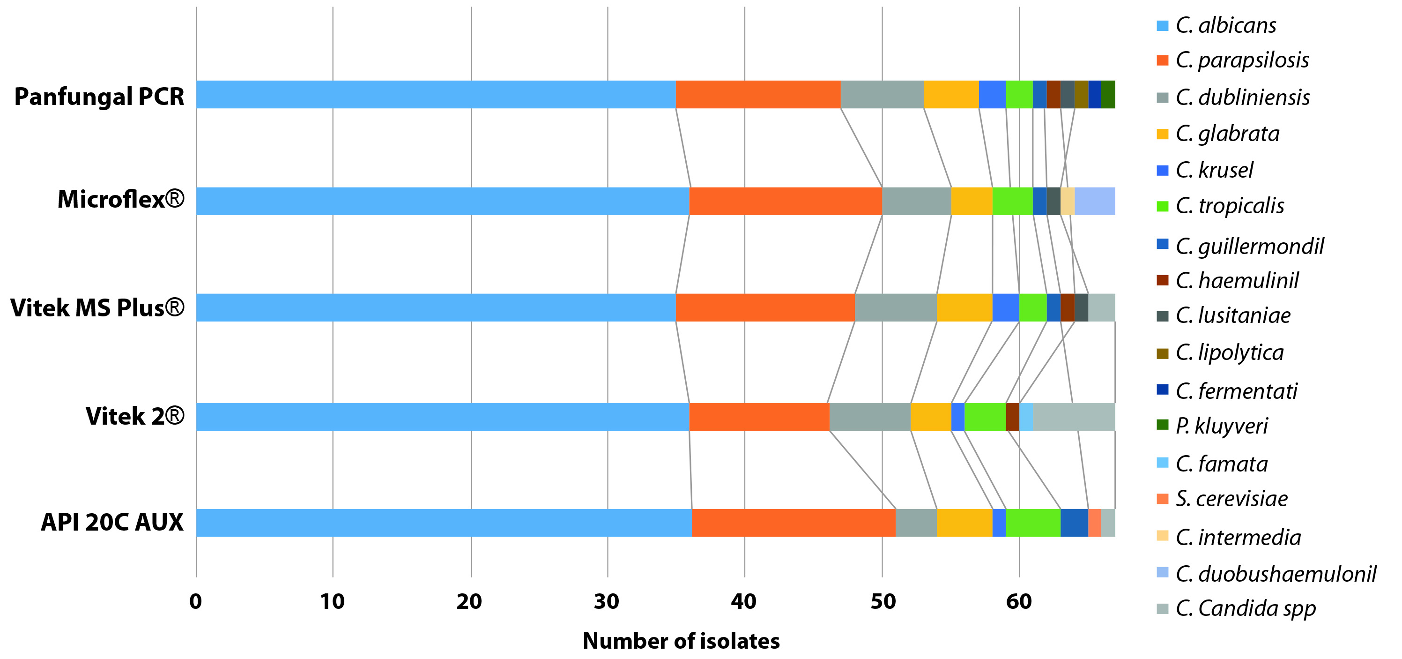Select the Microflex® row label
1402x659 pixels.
(121, 199)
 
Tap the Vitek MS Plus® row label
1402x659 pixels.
(97, 308)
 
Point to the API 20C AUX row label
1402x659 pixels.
(112, 522)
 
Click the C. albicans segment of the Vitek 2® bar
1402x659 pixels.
(442, 417)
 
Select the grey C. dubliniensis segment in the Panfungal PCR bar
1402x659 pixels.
(882, 94)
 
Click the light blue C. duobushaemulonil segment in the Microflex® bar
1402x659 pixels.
(1095, 201)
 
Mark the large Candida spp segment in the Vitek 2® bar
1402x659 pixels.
(1073, 417)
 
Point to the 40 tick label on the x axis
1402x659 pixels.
(743, 601)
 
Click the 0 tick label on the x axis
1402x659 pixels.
(195, 601)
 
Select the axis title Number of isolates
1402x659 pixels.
(681, 641)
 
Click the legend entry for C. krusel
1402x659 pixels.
(1214, 170)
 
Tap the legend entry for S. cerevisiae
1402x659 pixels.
(1231, 498)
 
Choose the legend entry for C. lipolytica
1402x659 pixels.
(1230, 352)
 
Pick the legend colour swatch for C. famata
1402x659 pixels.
(1162, 463)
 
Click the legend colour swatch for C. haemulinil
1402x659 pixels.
(1162, 280)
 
